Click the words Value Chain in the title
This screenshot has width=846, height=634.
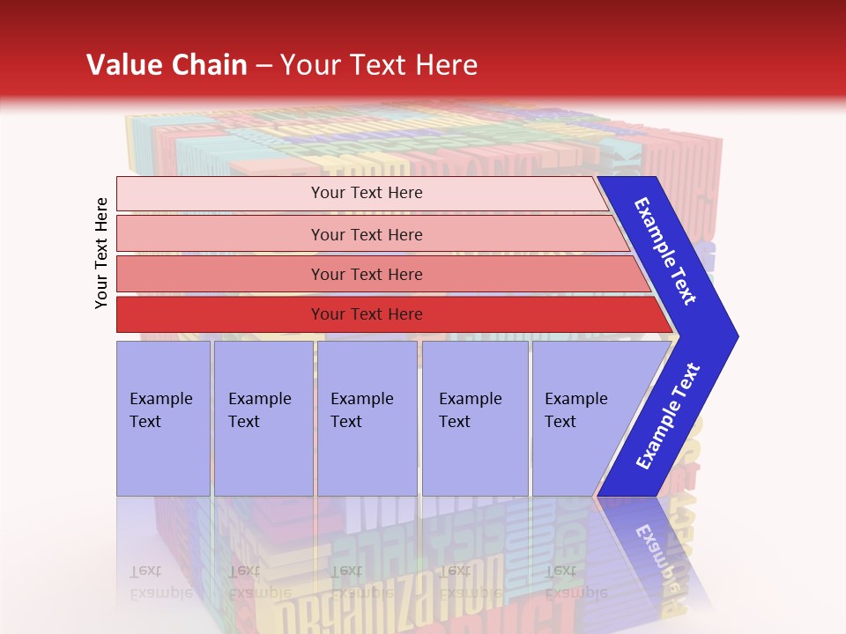pyautogui.click(x=167, y=64)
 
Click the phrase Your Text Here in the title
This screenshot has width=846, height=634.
pyautogui.click(x=379, y=64)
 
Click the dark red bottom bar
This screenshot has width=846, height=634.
pyautogui.click(x=220, y=314)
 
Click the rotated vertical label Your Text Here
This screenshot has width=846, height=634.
pyautogui.click(x=101, y=253)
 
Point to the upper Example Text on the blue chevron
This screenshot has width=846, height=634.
pyautogui.click(x=665, y=251)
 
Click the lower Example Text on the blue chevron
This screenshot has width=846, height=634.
pyautogui.click(x=668, y=417)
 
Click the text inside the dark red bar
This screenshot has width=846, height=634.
pyautogui.click(x=367, y=314)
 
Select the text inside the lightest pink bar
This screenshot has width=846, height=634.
pyautogui.click(x=367, y=193)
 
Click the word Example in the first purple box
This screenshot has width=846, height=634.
pyautogui.click(x=160, y=399)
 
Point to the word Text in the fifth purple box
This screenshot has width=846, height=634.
pyautogui.click(x=560, y=422)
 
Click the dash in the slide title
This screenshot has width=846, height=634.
pyautogui.click(x=263, y=65)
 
